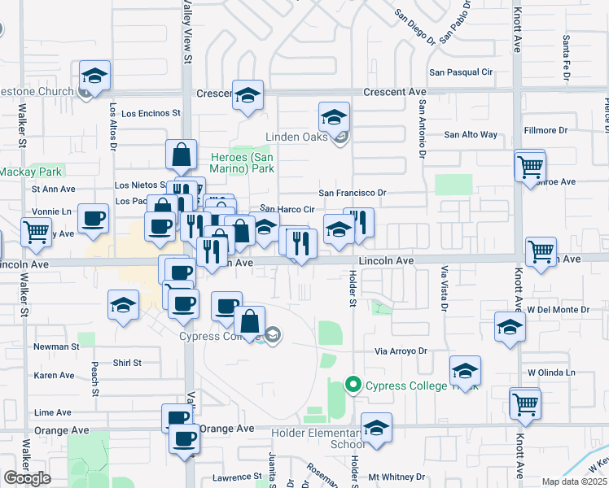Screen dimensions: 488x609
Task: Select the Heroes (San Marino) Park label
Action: pyautogui.click(x=243, y=163)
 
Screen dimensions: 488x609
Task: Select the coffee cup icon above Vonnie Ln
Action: pyautogui.click(x=94, y=218)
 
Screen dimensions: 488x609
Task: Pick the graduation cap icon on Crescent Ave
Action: pyautogui.click(x=248, y=94)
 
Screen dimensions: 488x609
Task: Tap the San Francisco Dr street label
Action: pyautogui.click(x=351, y=193)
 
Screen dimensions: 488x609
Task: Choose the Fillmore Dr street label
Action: pyautogui.click(x=545, y=130)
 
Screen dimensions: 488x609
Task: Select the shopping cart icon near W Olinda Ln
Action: pyautogui.click(x=525, y=402)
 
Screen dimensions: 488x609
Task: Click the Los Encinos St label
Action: pyautogui.click(x=144, y=113)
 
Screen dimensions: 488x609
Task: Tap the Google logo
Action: pyautogui.click(x=28, y=478)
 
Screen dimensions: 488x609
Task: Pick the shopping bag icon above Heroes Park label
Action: pyautogui.click(x=181, y=153)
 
